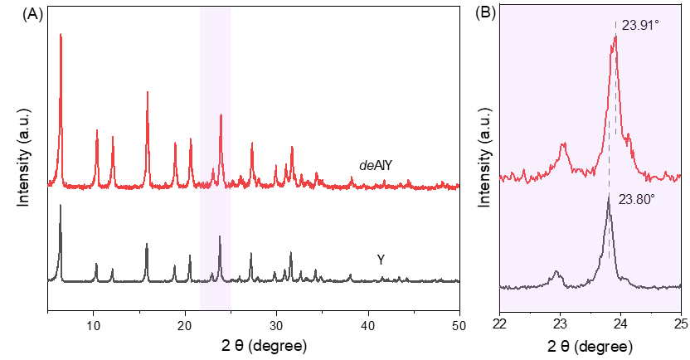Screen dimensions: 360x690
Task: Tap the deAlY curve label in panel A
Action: [x=375, y=165]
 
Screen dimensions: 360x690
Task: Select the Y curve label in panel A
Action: [x=381, y=260]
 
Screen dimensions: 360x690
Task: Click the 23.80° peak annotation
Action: [x=636, y=199]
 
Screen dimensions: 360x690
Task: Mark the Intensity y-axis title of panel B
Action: [x=485, y=158]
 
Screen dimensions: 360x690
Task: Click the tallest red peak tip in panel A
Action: [x=61, y=35]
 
